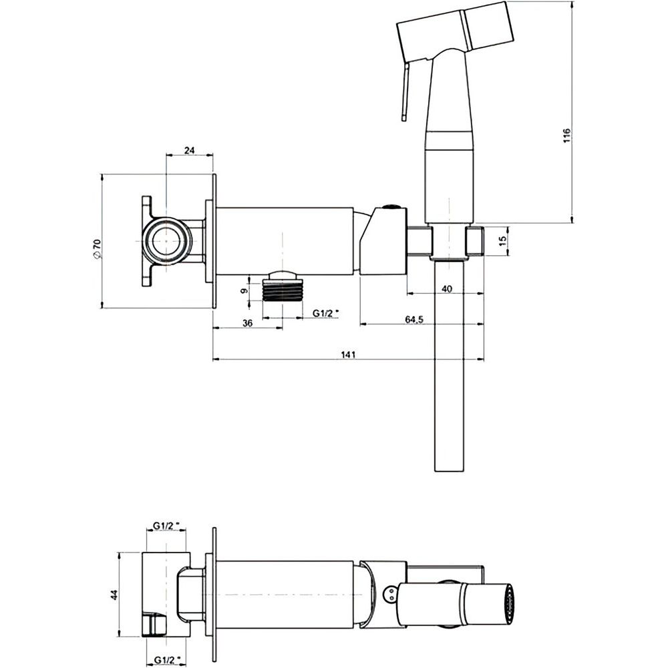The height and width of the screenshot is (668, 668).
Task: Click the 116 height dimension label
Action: [x=566, y=136]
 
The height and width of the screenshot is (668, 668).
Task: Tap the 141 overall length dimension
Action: [x=349, y=355]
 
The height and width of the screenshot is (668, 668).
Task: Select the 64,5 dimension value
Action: [x=413, y=319]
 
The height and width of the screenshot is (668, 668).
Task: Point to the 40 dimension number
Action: [x=447, y=289]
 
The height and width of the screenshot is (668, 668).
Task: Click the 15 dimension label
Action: [x=502, y=241]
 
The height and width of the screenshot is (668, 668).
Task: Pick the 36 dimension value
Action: [x=248, y=323]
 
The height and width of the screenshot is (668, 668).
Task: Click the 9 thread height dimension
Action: [x=244, y=291]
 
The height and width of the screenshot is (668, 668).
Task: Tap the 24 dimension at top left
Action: [x=189, y=150]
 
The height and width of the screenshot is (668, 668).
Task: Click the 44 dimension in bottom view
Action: [x=114, y=595]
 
